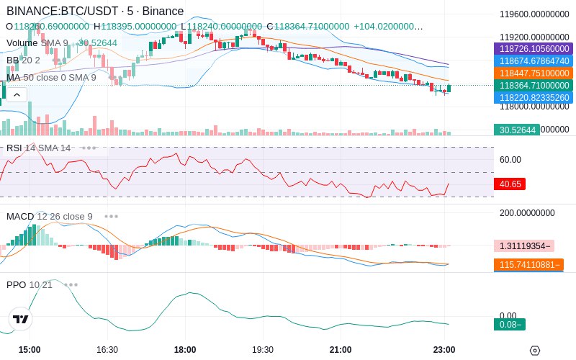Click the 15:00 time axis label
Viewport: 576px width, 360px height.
pos(30,350)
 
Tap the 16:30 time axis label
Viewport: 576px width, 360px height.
pos(107,350)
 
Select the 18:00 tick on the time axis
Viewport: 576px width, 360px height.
pos(185,350)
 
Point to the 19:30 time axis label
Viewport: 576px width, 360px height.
pos(263,350)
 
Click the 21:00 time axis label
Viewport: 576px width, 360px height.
pos(341,350)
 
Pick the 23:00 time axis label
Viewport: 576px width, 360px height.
pos(444,350)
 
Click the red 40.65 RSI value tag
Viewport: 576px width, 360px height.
pos(510,184)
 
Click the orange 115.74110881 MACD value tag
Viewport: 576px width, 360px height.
pos(528,265)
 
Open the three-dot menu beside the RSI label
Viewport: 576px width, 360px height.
pos(89,148)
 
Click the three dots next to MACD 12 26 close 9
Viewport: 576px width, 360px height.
pos(111,216)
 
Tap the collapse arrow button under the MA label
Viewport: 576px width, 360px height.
pos(17,94)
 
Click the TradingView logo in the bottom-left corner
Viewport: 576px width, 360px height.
pos(21,319)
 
